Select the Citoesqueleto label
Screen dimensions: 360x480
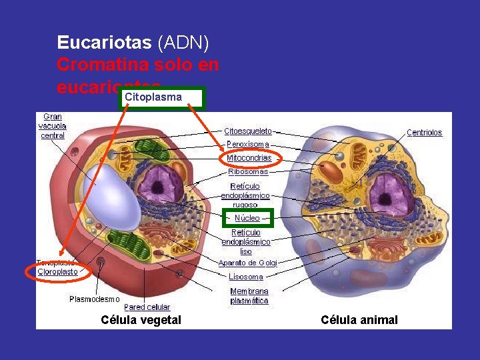248,131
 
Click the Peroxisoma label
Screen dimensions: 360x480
248,144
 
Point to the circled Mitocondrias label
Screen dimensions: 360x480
249,158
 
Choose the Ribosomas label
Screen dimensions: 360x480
248,171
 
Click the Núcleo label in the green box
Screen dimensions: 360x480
247,218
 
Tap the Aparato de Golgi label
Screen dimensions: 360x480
248,263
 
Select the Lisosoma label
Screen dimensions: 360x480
246,277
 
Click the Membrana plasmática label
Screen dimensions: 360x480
249,296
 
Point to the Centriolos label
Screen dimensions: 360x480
425,133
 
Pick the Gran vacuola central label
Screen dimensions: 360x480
52,126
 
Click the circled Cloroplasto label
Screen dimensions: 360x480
57,271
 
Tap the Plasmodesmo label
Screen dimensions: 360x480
95,299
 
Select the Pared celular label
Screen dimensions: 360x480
147,307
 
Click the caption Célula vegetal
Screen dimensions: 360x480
141,320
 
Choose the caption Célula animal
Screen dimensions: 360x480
359,320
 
